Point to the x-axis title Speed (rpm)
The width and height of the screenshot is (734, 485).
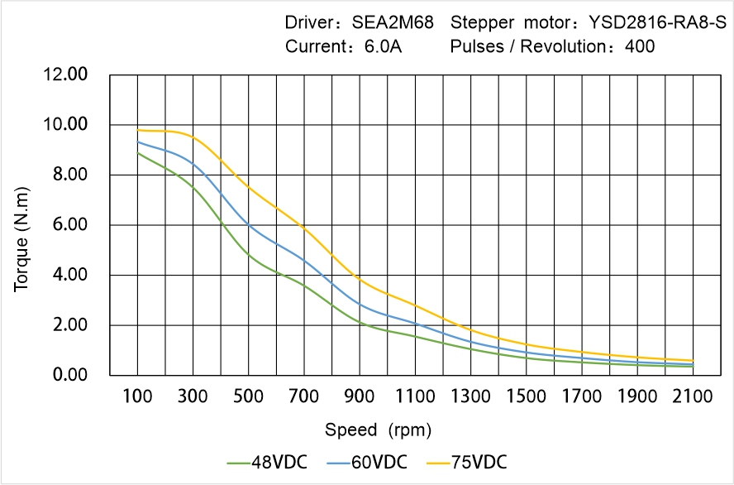pyautogui.click(x=379, y=430)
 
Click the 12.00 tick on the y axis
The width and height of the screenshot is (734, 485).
pyautogui.click(x=65, y=75)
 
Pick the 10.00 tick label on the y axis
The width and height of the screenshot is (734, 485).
pyautogui.click(x=65, y=125)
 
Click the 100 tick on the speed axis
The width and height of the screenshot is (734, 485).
pyautogui.click(x=138, y=397)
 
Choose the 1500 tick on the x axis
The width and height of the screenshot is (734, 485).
pyautogui.click(x=527, y=397)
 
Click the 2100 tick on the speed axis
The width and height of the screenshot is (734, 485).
pyautogui.click(x=693, y=397)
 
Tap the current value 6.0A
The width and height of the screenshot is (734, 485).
pyautogui.click(x=383, y=46)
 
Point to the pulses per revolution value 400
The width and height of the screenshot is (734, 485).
pyautogui.click(x=640, y=46)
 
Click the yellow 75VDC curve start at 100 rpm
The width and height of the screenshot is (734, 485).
pyautogui.click(x=138, y=130)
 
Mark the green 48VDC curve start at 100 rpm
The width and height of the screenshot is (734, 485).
pyautogui.click(x=138, y=153)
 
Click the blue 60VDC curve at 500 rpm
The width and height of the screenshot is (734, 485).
pyautogui.click(x=249, y=224)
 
